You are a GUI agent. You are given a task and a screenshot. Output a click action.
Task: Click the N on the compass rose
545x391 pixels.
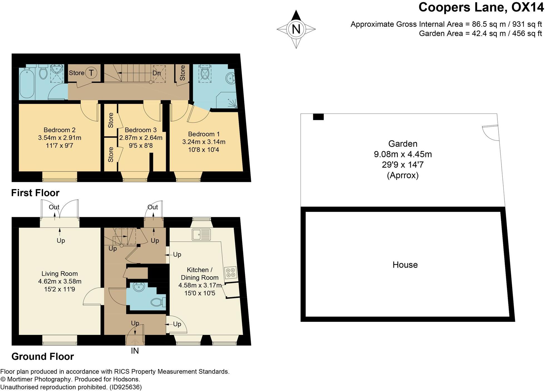296,29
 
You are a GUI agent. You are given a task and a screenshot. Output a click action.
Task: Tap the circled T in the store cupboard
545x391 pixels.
91,73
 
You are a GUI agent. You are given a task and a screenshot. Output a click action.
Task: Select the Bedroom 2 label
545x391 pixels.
60,130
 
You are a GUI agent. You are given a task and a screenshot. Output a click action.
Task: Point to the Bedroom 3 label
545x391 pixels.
141,130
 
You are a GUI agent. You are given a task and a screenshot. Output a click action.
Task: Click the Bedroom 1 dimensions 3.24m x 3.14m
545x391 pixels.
204,142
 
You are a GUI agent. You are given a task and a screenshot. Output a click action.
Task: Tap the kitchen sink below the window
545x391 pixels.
201,234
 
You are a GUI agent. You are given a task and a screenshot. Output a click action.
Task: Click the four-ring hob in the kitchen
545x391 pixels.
231,272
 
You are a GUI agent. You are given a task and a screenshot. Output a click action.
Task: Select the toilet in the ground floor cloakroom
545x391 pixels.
159,302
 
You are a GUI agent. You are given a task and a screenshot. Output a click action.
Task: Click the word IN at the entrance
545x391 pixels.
135,351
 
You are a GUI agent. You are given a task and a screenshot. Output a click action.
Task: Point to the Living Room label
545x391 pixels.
60,274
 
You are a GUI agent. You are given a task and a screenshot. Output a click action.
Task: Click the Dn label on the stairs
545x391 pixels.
157,73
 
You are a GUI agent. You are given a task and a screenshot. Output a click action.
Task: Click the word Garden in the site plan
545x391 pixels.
403,144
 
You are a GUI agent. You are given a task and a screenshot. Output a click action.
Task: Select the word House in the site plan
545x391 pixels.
405,265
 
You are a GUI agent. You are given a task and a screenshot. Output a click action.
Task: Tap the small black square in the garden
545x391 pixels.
318,117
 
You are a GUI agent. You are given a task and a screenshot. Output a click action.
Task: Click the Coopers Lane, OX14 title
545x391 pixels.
481,7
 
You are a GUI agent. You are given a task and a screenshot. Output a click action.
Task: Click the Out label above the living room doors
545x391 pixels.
54,207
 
